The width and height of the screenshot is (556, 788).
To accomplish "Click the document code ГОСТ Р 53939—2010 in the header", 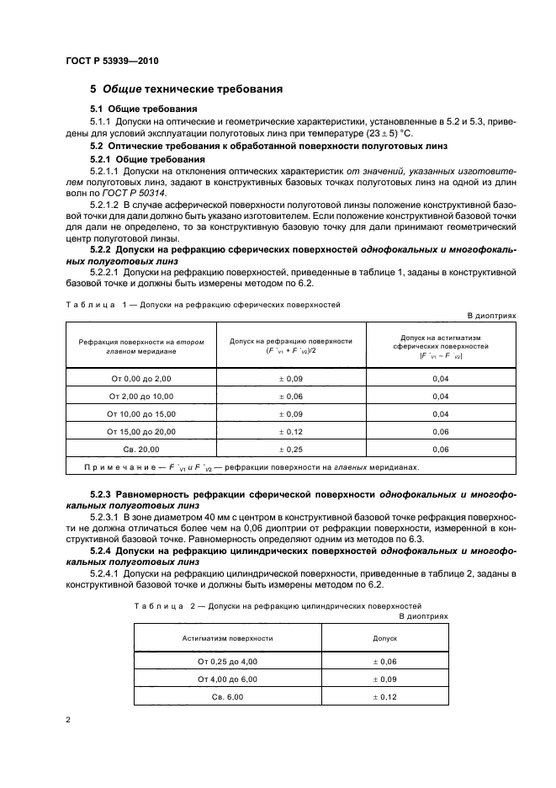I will pyautogui.click(x=111, y=61).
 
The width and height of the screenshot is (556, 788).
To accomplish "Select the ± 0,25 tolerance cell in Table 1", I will pyautogui.click(x=290, y=450).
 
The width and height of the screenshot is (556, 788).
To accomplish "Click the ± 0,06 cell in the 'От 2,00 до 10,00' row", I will pyautogui.click(x=290, y=397).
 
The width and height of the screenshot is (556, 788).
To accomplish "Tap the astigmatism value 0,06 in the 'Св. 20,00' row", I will pyautogui.click(x=440, y=450).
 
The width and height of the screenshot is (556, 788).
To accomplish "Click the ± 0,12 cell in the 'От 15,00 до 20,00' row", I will pyautogui.click(x=290, y=432).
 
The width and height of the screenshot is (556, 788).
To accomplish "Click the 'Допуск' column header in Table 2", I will pyautogui.click(x=384, y=638).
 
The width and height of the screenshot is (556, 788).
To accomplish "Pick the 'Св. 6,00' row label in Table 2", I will pyautogui.click(x=227, y=697).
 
